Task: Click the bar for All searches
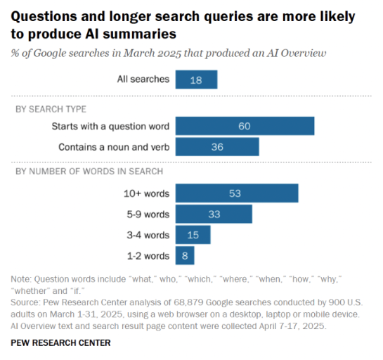pos(196,79)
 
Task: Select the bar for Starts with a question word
pos(245,126)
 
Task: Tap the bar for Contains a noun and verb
pos(217,146)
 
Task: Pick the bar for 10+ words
pos(237,193)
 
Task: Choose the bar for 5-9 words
pos(214,214)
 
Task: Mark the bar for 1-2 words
pos(185,255)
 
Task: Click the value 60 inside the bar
pos(245,126)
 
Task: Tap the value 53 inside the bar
pos(237,193)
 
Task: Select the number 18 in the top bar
pos(196,79)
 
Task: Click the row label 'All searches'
pos(143,79)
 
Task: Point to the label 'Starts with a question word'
pos(110,126)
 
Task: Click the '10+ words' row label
pos(146,193)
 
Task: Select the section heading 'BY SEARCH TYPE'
pos(51,109)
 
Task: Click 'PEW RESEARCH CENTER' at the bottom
pos(60,342)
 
